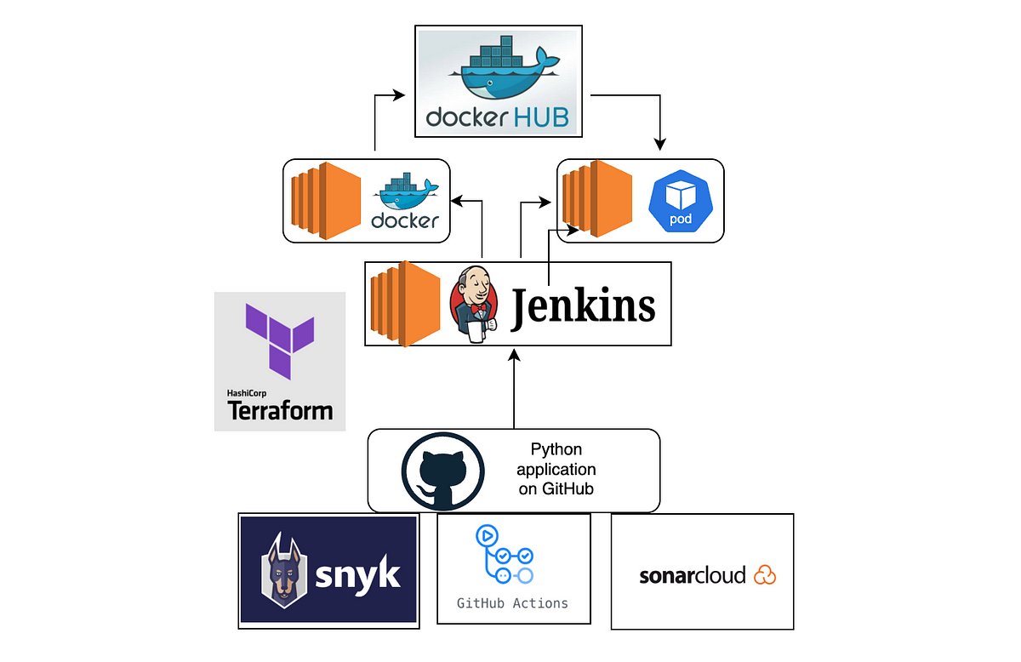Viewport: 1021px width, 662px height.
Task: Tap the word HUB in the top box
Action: coord(541,117)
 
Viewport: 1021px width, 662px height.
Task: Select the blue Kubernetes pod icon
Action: coord(681,201)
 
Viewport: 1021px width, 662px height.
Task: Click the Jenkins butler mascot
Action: coord(474,304)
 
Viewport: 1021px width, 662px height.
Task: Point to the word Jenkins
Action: coord(583,307)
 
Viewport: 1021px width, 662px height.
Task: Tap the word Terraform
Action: coord(280,411)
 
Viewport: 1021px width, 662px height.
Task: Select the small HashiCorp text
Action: coord(247,393)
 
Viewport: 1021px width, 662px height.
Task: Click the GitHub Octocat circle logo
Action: coord(442,471)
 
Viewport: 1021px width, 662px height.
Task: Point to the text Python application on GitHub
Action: coord(556,469)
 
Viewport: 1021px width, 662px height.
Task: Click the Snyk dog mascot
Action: coord(284,570)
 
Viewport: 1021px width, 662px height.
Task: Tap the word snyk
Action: coord(358,575)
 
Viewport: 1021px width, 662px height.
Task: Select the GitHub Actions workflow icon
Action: coord(505,555)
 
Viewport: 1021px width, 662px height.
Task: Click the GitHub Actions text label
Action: coord(512,603)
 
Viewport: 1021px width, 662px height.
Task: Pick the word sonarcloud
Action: coord(693,575)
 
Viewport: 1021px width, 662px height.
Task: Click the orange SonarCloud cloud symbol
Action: coord(765,575)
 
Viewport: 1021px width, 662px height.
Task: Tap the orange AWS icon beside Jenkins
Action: coord(405,304)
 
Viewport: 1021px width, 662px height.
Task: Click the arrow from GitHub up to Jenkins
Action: coord(514,389)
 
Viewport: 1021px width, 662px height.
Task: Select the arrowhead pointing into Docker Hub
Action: coord(399,94)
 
